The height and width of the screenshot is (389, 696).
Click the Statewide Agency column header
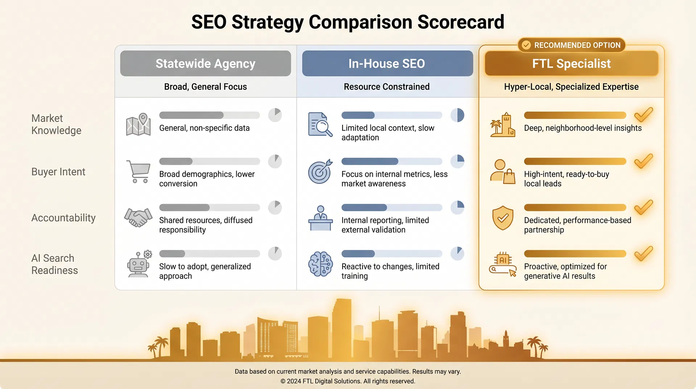click(x=206, y=64)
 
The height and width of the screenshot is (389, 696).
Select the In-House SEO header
click(x=387, y=64)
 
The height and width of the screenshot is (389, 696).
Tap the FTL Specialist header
click(x=571, y=64)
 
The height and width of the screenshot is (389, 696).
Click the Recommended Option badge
click(x=572, y=45)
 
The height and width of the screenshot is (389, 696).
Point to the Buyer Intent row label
click(x=58, y=172)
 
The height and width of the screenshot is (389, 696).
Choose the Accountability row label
click(x=63, y=218)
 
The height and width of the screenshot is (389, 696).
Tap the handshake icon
click(x=138, y=217)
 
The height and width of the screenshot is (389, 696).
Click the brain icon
click(x=320, y=264)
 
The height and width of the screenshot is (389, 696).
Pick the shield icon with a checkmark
click(x=502, y=218)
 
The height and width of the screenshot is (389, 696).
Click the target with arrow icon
click(x=320, y=171)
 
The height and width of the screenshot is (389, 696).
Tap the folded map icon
click(x=138, y=124)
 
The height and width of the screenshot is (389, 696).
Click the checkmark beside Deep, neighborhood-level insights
click(x=643, y=115)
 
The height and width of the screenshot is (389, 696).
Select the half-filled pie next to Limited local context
click(x=457, y=115)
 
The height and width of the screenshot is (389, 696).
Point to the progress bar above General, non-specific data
click(x=210, y=115)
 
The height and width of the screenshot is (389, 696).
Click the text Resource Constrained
click(x=387, y=87)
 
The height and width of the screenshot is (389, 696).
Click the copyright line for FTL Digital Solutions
click(x=348, y=381)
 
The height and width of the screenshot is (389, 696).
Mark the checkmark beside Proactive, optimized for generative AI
click(x=643, y=254)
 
